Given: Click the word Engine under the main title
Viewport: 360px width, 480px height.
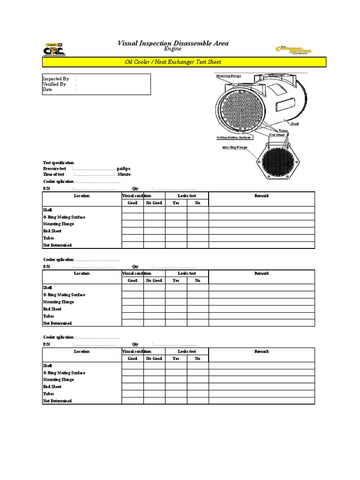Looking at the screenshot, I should coord(173,49).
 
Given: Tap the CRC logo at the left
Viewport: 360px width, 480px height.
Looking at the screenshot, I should coord(54,50).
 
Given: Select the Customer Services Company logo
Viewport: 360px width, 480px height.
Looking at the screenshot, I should coord(293,50).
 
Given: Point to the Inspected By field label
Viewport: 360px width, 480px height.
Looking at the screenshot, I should coord(56,79).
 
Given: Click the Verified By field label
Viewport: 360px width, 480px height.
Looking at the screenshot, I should coord(54,84).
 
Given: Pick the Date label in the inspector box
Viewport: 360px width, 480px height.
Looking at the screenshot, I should coord(47,90).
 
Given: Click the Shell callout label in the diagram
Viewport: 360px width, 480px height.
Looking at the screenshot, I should coord(295,124).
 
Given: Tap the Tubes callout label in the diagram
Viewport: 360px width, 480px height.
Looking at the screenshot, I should coord(283,130).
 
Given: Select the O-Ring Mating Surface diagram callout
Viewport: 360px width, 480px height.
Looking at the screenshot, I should coord(234,137).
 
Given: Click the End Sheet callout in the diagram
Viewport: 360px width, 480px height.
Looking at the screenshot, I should coord(277,135).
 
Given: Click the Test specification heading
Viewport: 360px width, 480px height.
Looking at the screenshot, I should coord(59,163).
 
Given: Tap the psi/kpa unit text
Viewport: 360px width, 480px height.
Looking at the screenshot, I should coord(124,168).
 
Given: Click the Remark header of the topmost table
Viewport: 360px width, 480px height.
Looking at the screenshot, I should coord(262,195).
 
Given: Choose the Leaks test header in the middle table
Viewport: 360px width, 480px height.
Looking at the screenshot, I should coord(187,273).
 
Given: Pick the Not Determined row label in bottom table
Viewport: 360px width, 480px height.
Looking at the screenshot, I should coord(58,401).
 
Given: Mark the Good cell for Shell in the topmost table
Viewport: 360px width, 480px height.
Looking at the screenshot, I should coord(133,210).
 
